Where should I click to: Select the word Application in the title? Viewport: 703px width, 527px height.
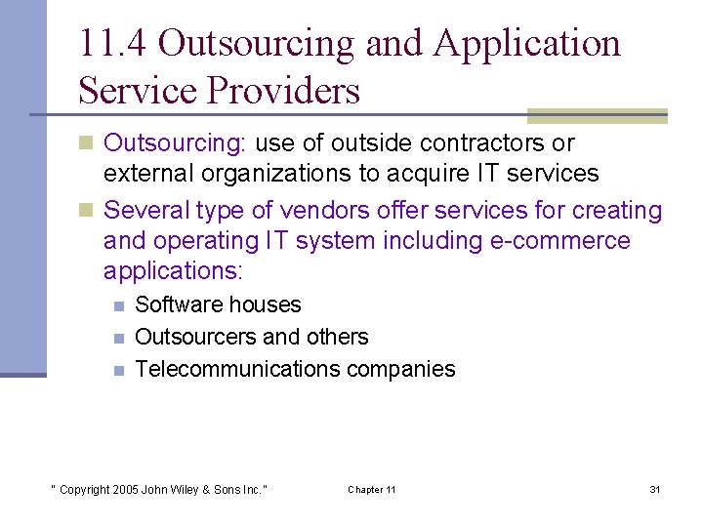coord(527,44)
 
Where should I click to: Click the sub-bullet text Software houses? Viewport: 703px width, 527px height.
coord(218,304)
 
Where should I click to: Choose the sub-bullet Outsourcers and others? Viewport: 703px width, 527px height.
coord(251,337)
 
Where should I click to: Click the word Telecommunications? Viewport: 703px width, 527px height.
coord(238,369)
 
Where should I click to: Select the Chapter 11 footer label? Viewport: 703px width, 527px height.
coord(372,489)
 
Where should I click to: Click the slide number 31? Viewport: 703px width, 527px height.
coord(655,489)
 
